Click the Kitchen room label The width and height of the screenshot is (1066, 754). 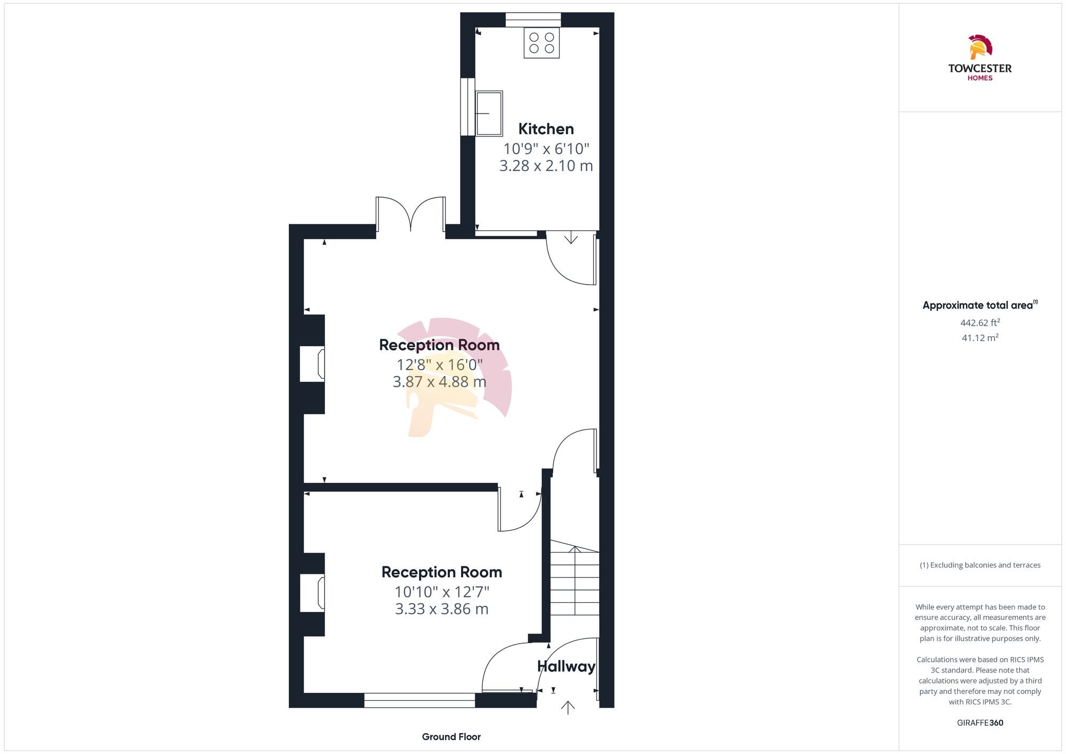(546, 129)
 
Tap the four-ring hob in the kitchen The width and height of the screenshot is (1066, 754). (542, 43)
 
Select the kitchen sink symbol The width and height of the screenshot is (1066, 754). (489, 113)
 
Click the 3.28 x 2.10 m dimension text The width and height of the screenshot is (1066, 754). (546, 166)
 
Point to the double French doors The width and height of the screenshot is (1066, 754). (410, 215)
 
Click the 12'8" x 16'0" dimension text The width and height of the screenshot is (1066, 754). (439, 365)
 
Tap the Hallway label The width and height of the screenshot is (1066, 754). (566, 666)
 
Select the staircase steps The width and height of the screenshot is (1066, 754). (575, 583)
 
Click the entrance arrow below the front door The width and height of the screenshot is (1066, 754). (568, 708)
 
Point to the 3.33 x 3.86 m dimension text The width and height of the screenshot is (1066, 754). (441, 609)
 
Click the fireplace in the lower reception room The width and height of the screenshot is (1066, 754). (313, 593)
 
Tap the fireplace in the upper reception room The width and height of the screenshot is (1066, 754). (313, 363)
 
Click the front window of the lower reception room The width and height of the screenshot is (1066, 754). (419, 700)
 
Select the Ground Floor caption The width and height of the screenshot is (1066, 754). (451, 737)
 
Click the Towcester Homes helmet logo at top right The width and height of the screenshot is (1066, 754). (980, 48)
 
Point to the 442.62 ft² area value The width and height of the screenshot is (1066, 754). (980, 323)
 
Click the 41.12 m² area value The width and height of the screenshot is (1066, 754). (980, 338)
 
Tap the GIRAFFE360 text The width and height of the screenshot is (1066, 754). (980, 723)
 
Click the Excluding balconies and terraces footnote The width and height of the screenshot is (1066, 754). (980, 565)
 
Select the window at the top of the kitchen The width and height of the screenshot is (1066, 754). (533, 20)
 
